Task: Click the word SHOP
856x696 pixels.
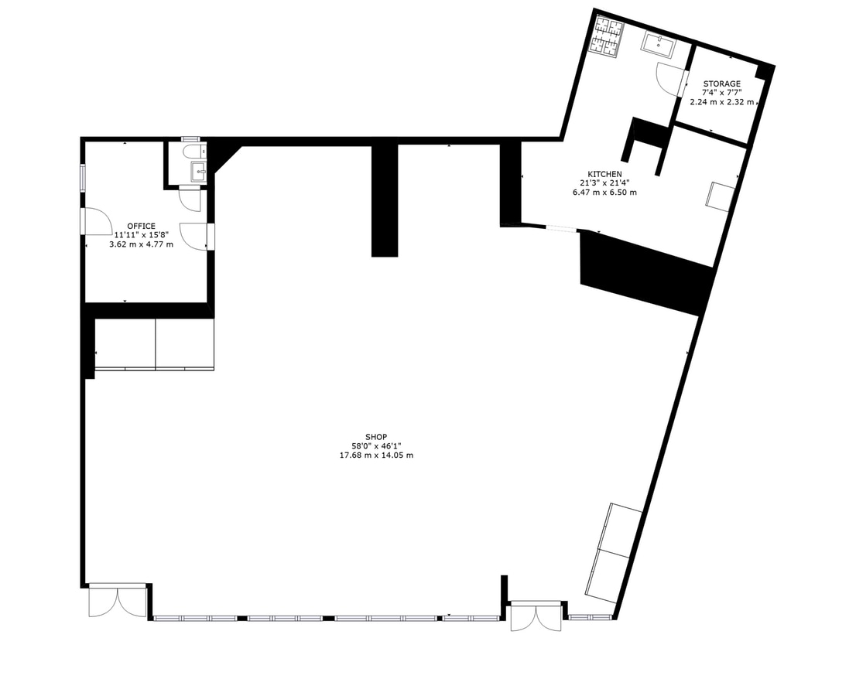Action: point(376,436)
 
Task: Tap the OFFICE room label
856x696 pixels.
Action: point(141,226)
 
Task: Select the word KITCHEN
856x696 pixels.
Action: point(604,174)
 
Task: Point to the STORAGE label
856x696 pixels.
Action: point(721,84)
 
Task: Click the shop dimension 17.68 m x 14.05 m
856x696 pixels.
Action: point(376,455)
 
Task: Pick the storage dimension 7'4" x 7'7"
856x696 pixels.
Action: point(721,93)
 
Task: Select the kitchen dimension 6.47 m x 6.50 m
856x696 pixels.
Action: point(604,193)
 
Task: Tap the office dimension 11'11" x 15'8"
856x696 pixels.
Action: point(141,235)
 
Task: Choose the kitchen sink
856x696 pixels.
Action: point(658,45)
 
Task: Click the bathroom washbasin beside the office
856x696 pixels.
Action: point(199,172)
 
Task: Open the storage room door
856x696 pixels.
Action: point(669,77)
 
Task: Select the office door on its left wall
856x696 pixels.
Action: point(96,221)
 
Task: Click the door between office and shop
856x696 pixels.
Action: point(193,235)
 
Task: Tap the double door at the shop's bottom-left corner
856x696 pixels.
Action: point(117,600)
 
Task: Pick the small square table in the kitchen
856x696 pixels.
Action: point(720,196)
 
